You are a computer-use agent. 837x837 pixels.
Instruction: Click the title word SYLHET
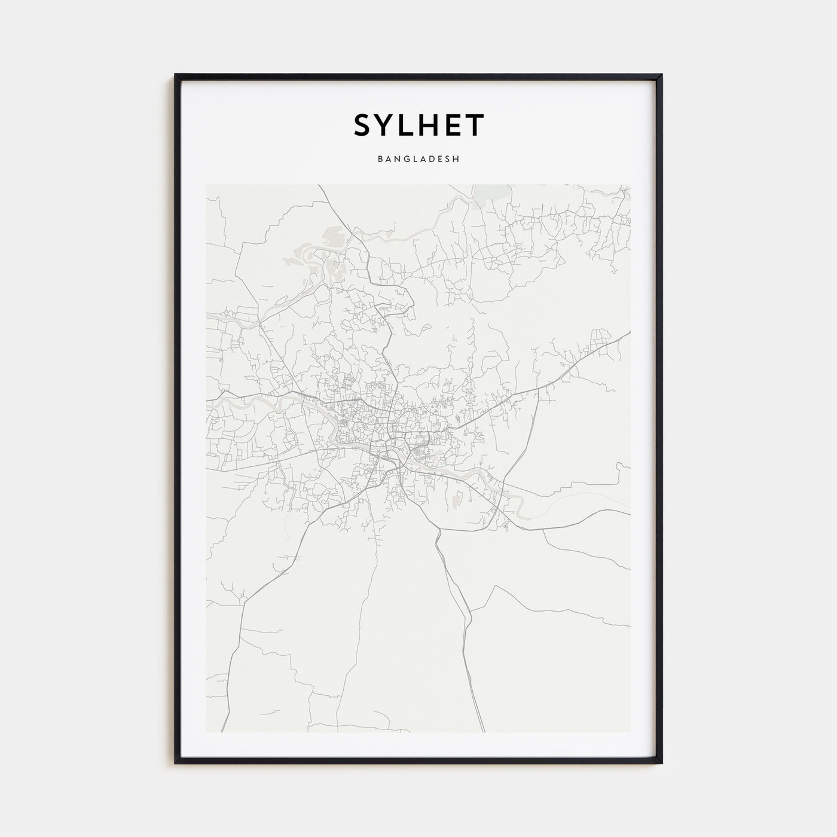tap(418, 124)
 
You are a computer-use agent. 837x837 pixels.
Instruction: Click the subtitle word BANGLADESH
tap(418, 160)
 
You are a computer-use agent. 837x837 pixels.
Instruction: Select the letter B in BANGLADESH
tap(380, 160)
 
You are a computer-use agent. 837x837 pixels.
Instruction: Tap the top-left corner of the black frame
tap(176, 75)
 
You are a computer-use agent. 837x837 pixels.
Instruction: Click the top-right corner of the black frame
tap(661, 75)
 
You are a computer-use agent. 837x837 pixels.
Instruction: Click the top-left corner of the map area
tap(206, 185)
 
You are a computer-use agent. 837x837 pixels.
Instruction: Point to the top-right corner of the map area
tap(630, 185)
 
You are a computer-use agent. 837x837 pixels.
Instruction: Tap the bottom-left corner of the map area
tap(206, 732)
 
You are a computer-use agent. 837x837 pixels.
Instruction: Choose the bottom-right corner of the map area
tap(630, 732)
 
